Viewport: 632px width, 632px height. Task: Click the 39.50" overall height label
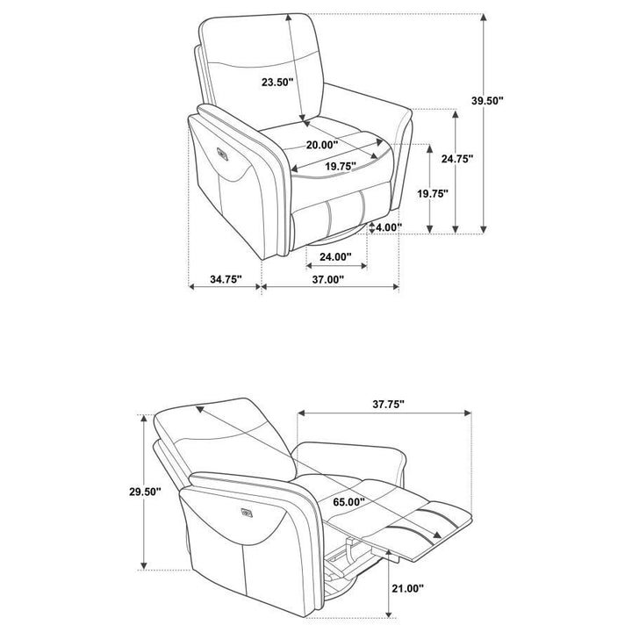click(x=488, y=100)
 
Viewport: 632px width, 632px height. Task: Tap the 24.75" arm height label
click(x=457, y=159)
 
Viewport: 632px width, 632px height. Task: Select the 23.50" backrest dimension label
click(x=277, y=83)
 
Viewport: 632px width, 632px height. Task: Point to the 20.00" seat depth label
click(x=322, y=145)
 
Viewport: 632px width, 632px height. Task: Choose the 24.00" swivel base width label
click(x=335, y=256)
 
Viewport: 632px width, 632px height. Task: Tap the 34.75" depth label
click(x=226, y=279)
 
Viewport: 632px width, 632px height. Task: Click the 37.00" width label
click(x=328, y=279)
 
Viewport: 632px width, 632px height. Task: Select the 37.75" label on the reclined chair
click(x=388, y=404)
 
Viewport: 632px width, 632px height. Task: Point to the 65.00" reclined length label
click(x=349, y=502)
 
